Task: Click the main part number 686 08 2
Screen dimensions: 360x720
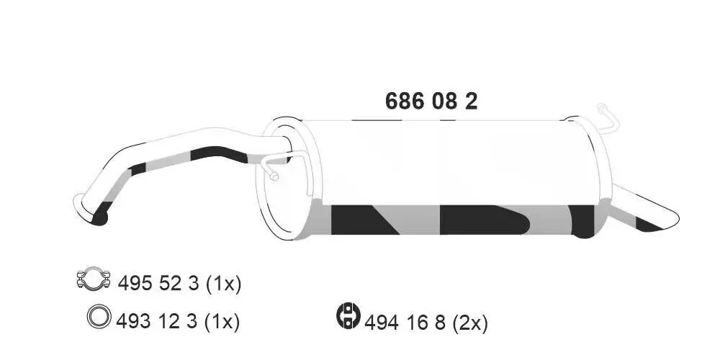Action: click(x=431, y=102)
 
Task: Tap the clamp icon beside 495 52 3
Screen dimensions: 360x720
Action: click(x=93, y=281)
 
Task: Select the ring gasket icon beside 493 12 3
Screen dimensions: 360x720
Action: click(x=99, y=317)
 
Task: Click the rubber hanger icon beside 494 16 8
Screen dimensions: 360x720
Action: click(x=348, y=316)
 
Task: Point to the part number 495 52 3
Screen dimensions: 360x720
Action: click(x=157, y=284)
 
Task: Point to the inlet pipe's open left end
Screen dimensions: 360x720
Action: click(x=81, y=204)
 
